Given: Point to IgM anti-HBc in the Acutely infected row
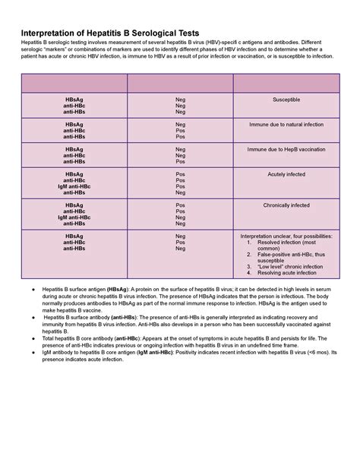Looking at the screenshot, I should [74, 186].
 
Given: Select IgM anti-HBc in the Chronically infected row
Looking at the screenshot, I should [74, 217].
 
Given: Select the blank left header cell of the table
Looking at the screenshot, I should [74, 84].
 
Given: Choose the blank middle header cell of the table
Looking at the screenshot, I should [180, 84].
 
